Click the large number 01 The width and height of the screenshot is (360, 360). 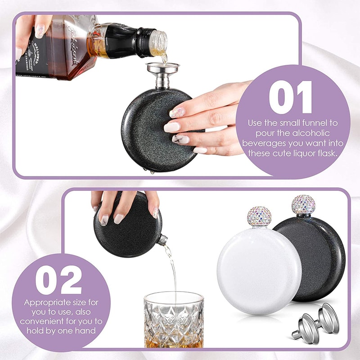(290, 97)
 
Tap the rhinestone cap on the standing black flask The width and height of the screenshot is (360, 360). (303, 204)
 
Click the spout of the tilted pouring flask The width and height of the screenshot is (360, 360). (163, 241)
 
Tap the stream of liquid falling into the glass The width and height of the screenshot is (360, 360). (172, 270)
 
